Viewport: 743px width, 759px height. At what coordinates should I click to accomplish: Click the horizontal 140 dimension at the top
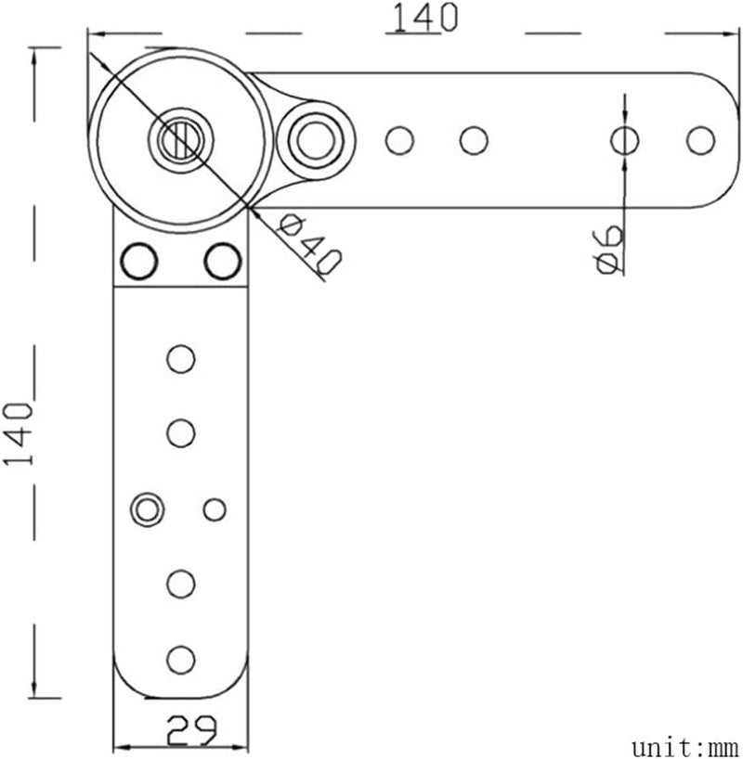point(425,18)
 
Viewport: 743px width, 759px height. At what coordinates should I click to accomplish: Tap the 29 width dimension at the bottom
point(191,730)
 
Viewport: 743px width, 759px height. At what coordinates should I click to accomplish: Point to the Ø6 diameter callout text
point(608,250)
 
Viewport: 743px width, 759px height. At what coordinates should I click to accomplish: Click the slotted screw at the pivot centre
point(182,140)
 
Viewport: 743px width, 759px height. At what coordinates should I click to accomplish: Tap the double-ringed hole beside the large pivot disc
point(316,140)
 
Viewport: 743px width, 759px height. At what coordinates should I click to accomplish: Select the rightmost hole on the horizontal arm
point(700,140)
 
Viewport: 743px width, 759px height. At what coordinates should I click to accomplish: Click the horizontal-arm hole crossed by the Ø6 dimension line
point(624,140)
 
